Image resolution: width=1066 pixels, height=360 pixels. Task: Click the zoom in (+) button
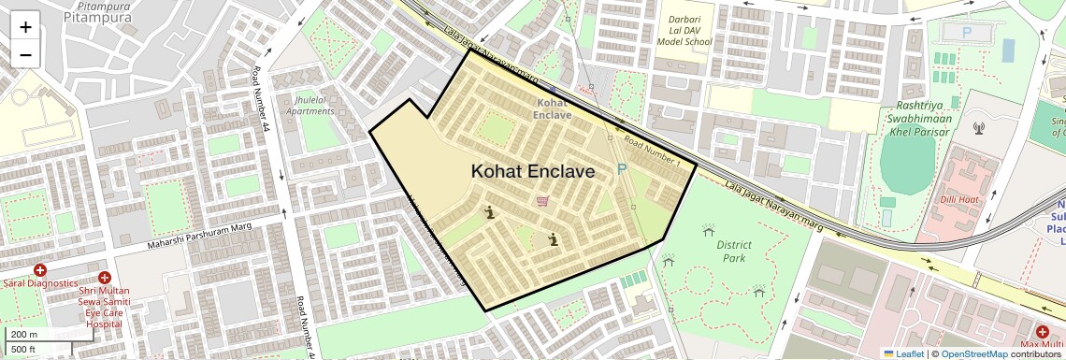pos(25,27)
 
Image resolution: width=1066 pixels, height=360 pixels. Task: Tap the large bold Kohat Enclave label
pos(532,171)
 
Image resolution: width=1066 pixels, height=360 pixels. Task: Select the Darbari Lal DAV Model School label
pos(684,30)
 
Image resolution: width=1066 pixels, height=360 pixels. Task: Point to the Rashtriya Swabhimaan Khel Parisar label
pos(916,119)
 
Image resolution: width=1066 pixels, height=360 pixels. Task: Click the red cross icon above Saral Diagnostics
pos(40,270)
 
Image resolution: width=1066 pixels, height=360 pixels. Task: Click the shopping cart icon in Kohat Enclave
pos(542,201)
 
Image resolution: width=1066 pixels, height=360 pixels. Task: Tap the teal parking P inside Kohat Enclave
pos(622,170)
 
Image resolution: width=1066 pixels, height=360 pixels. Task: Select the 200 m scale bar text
pos(24,335)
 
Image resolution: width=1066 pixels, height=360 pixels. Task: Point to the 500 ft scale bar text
pos(24,350)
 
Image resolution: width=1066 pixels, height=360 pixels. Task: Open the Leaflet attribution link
pos(903,353)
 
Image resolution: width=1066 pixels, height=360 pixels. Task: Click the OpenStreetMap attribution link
pos(973,353)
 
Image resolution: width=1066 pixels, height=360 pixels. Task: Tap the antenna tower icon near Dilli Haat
pos(979,128)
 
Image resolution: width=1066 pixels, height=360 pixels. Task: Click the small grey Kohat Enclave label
pos(552,108)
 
